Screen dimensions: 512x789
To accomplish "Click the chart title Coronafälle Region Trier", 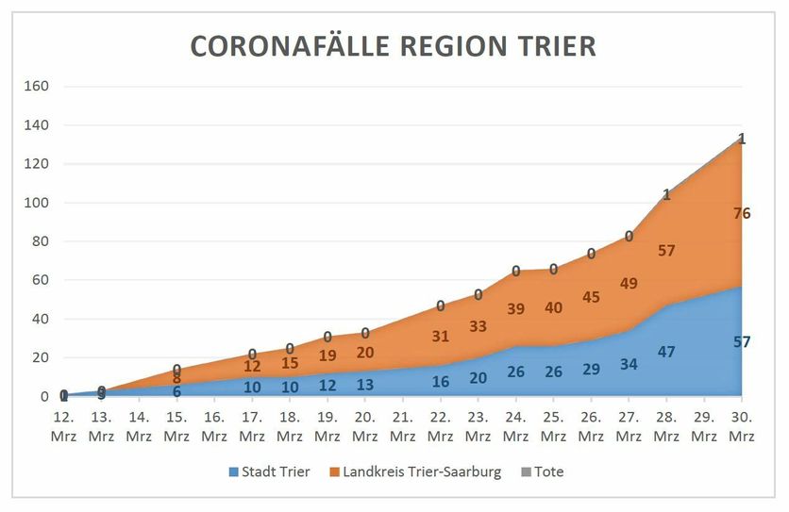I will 394,46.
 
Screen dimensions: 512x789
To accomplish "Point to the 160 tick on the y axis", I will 37,86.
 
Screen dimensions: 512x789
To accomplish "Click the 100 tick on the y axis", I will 37,203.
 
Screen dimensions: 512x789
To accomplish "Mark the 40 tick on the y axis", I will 41,319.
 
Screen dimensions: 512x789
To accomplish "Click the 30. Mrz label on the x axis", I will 742,425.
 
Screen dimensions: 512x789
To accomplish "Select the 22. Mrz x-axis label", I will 441,425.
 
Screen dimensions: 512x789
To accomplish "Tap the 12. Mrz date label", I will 63,425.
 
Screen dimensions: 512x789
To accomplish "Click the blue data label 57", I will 742,341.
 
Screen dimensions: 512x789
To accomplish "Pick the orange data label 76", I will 742,213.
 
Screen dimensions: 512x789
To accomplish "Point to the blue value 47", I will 667,351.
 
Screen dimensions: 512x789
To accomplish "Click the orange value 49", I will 630,283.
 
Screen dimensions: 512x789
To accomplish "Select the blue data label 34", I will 630,364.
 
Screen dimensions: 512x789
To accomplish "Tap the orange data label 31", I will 441,336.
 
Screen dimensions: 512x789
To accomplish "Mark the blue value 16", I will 441,381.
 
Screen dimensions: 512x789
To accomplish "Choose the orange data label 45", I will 592,297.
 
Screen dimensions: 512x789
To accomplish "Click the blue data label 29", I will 592,369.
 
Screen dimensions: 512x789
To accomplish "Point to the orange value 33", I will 478,326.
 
